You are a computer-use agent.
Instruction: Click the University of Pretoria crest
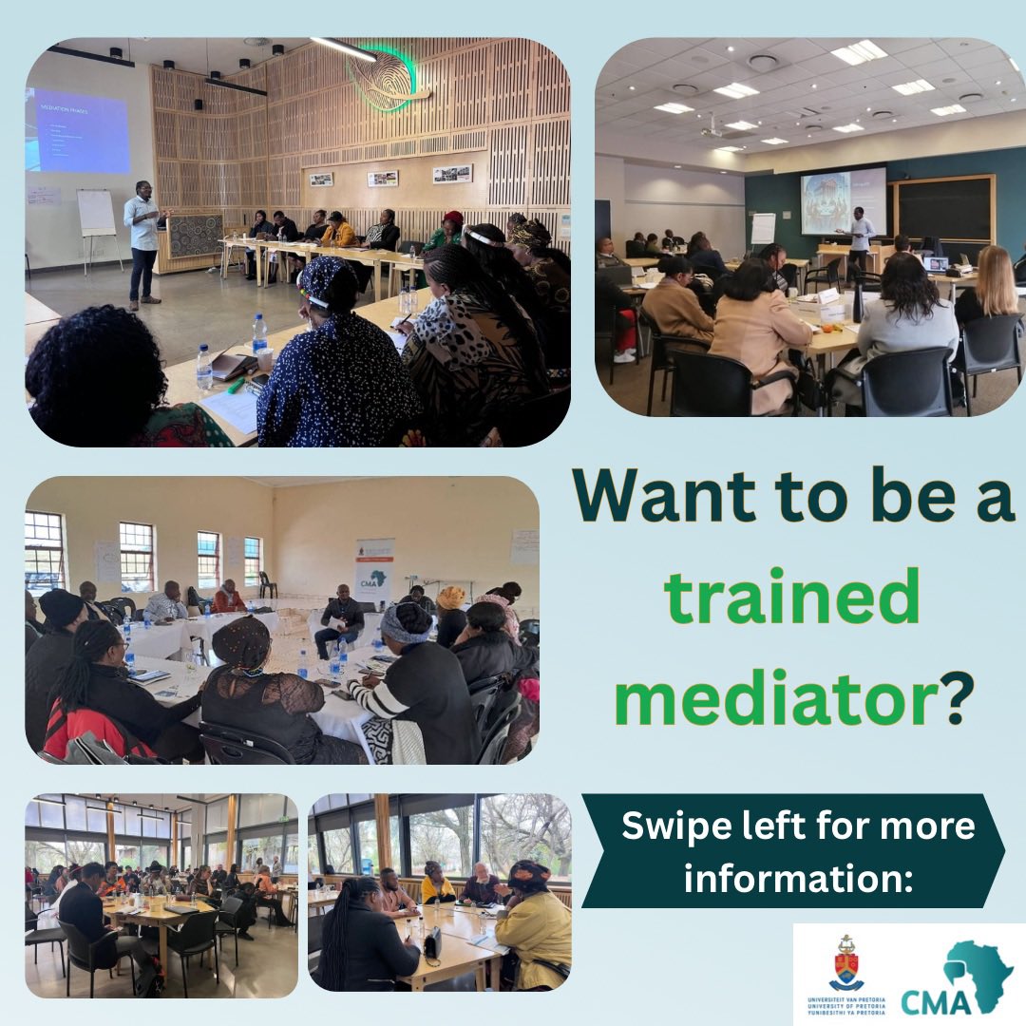coord(846,964)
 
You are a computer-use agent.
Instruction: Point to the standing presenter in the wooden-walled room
coord(143,241)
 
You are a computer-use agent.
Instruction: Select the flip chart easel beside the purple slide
coord(96,216)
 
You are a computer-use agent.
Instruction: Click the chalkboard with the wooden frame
coord(943,209)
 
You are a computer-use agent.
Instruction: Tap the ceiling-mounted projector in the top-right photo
coord(713,129)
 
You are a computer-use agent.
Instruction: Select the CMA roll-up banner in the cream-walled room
coord(373,570)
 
